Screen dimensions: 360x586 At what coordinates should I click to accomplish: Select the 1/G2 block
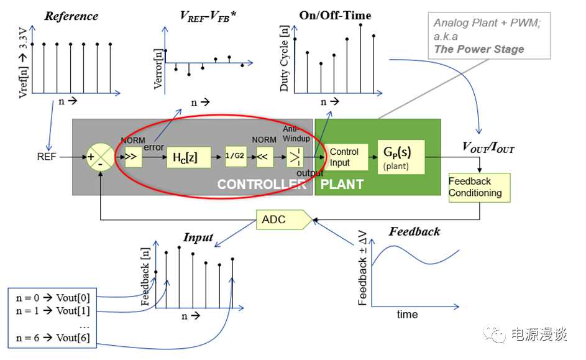point(235,157)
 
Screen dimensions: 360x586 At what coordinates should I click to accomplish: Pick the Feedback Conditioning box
point(478,187)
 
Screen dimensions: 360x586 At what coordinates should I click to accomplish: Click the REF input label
point(47,157)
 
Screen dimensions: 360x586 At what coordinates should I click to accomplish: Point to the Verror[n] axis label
point(158,69)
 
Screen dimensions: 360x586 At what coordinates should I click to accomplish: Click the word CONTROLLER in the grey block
point(262,185)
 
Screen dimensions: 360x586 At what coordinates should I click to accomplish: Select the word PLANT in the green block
point(342,185)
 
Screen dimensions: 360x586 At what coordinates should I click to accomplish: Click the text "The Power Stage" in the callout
point(478,49)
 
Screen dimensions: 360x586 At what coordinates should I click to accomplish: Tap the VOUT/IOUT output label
point(488,147)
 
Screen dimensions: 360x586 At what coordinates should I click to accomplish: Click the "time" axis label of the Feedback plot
point(407,315)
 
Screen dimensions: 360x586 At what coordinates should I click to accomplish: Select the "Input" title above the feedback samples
point(198,238)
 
